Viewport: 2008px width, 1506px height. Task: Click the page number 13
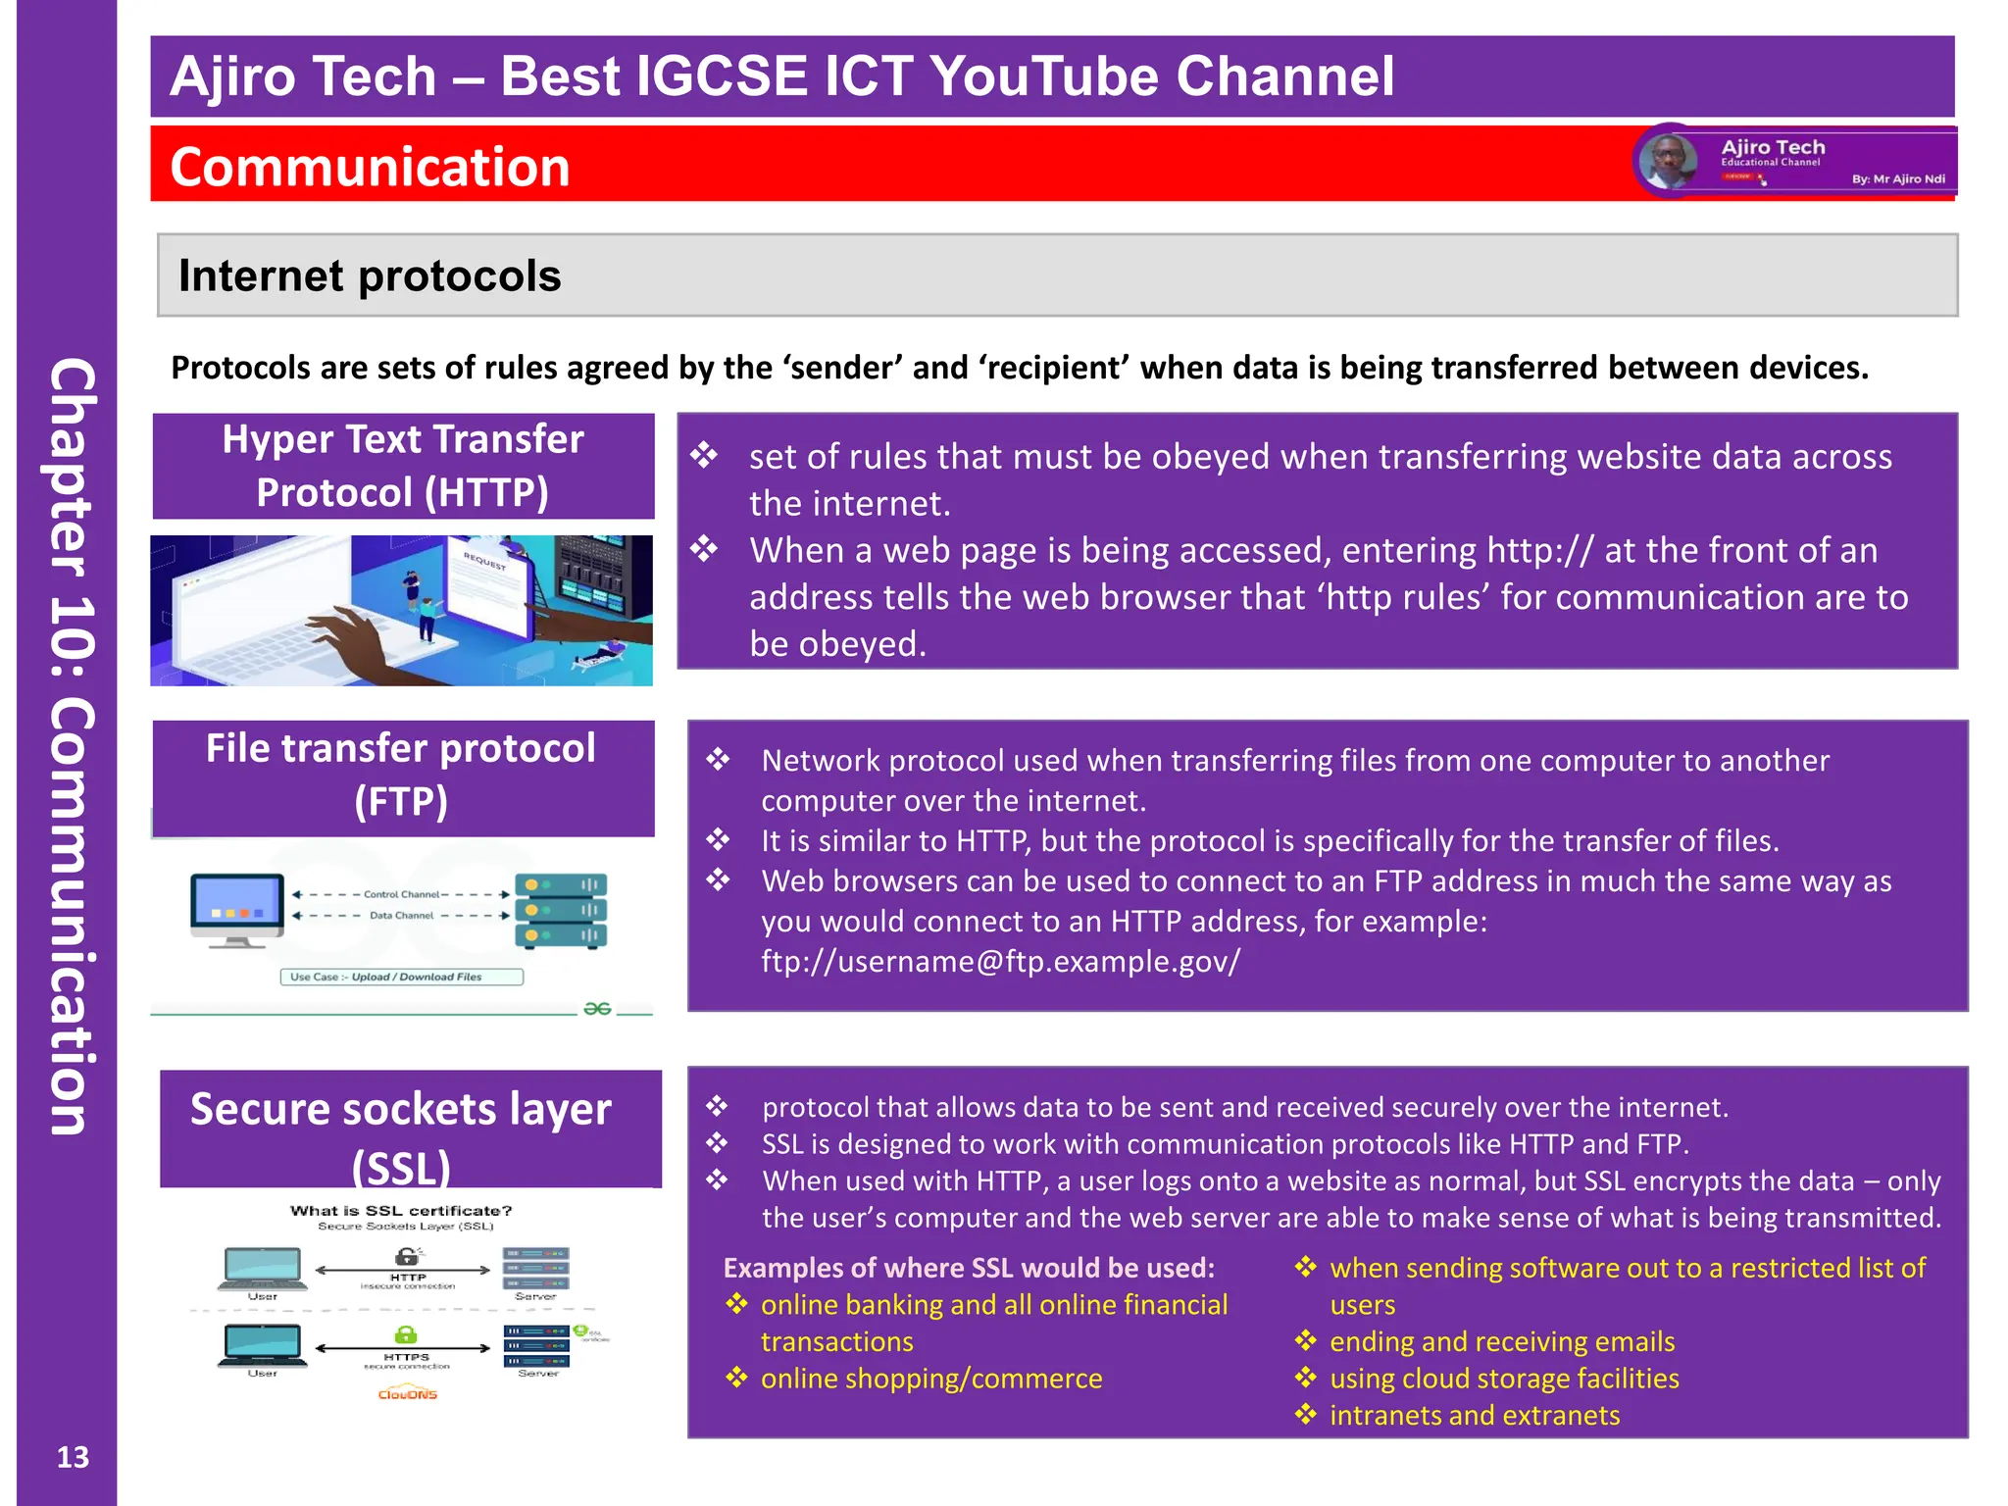(73, 1457)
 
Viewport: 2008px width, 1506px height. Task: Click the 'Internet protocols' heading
(370, 276)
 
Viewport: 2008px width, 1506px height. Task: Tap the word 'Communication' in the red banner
(370, 167)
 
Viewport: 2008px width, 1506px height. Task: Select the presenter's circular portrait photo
(1669, 161)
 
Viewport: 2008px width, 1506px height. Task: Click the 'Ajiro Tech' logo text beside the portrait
(1773, 147)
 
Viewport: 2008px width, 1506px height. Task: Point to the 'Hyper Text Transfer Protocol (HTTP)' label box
(403, 466)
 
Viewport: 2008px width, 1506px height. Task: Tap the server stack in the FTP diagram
(561, 910)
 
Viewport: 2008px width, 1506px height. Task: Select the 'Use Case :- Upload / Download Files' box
(402, 977)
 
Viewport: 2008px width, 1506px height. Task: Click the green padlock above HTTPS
(405, 1334)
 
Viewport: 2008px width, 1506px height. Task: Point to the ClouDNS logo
(408, 1393)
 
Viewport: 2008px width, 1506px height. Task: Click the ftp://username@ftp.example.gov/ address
(1000, 961)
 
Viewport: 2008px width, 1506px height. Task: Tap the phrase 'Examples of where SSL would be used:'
(969, 1268)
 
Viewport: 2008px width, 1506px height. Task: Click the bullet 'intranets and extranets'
(1474, 1415)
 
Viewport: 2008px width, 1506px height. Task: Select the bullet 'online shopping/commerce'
(930, 1379)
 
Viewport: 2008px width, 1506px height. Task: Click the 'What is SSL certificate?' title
(401, 1211)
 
